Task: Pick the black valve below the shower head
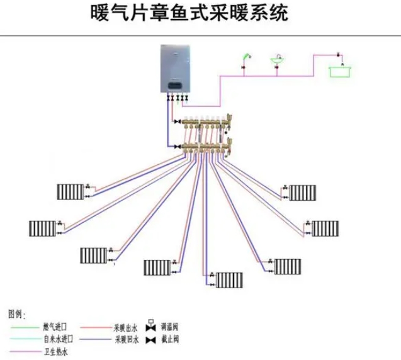click(245, 67)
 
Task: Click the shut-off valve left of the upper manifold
click(178, 121)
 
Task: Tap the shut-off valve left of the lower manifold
click(178, 146)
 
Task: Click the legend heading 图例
click(16, 313)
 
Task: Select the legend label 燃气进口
click(55, 327)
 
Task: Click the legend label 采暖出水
click(125, 327)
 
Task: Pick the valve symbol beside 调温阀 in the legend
click(150, 327)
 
